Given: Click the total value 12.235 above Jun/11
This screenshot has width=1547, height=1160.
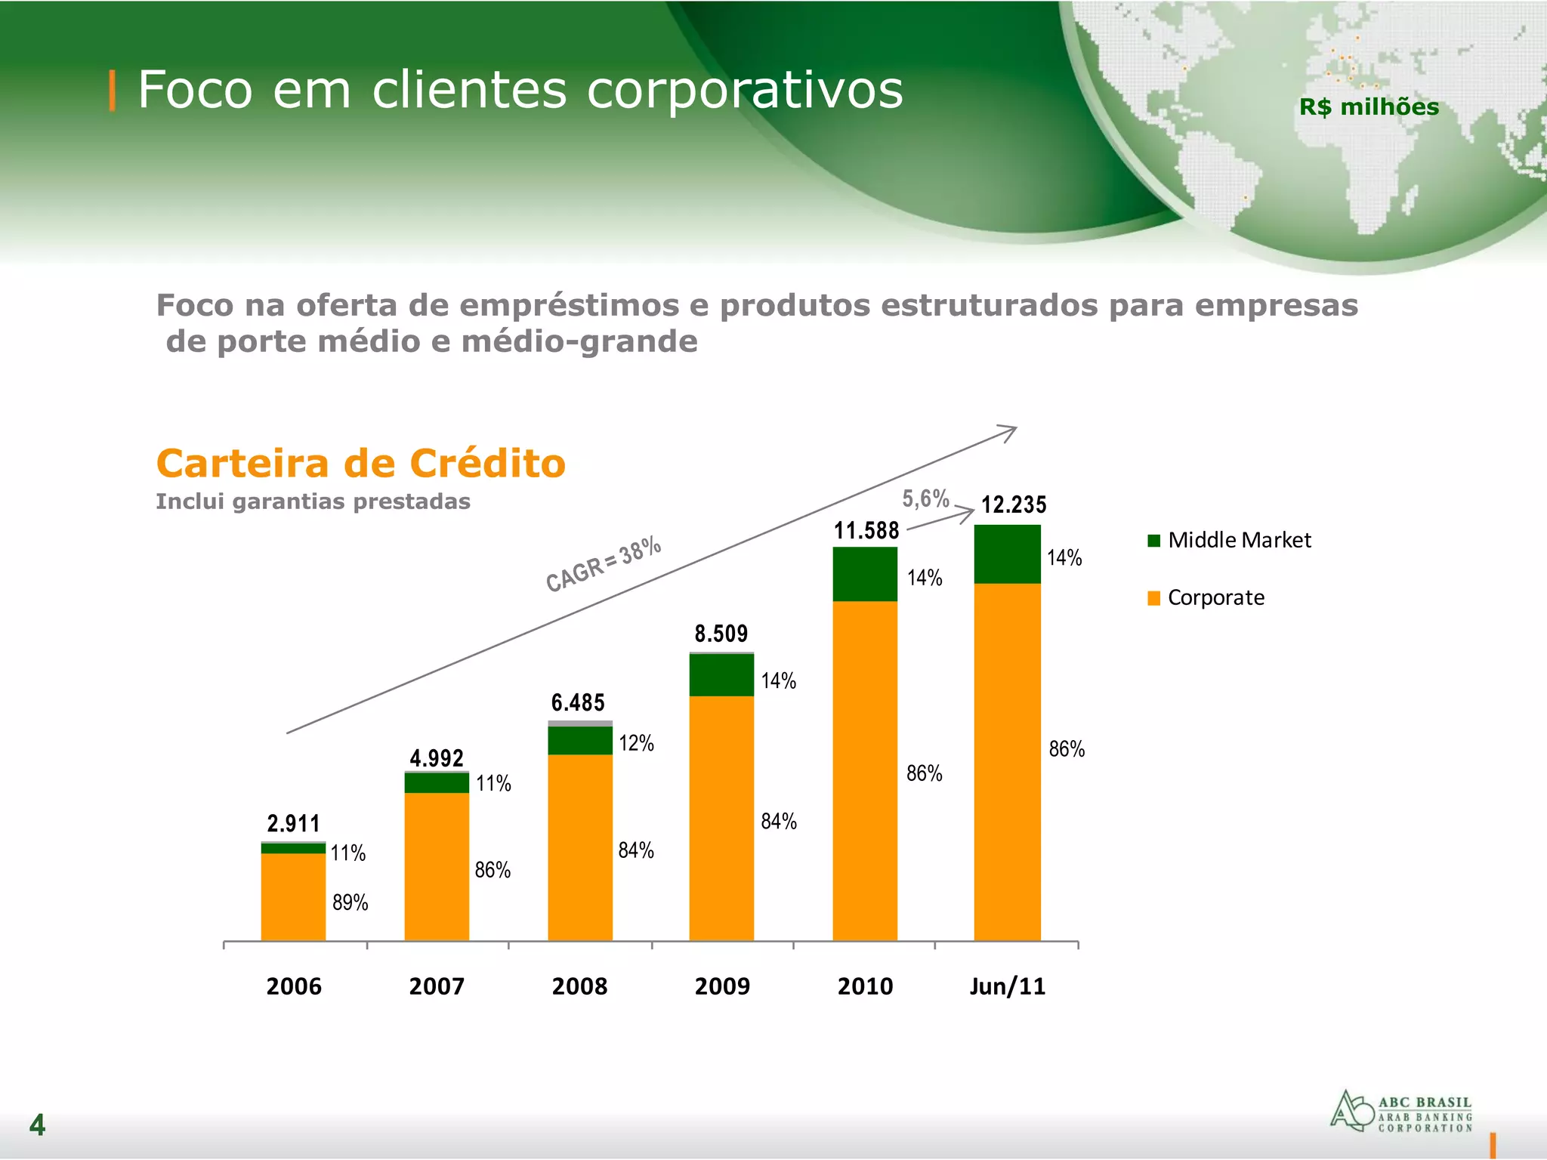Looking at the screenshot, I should point(1014,504).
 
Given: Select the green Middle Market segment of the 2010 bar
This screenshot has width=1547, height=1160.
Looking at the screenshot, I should point(865,574).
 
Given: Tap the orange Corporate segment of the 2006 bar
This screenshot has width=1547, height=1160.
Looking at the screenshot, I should point(293,896).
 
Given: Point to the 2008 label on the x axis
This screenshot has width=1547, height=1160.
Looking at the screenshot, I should point(579,986).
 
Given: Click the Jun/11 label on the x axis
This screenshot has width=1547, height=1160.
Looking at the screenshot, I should point(1008,986).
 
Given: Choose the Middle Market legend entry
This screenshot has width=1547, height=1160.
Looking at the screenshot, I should point(1229,540).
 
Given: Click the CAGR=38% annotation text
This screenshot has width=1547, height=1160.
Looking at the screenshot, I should point(604,564).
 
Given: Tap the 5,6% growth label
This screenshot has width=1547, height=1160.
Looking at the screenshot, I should point(925,498).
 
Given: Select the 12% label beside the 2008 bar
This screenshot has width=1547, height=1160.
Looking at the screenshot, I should point(636,743).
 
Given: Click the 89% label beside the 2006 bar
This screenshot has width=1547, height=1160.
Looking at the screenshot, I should point(350,902).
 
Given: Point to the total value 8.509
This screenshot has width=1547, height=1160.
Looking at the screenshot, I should point(721,634).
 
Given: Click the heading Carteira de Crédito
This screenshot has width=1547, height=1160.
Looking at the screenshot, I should point(360,463).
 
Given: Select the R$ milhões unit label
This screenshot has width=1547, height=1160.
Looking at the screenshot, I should point(1369,107).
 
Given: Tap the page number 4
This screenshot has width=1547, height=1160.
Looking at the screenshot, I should point(37,1125).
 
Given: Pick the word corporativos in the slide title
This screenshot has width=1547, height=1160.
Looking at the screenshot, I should point(745,90).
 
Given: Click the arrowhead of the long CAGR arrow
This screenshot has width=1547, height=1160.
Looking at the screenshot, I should point(1011,430).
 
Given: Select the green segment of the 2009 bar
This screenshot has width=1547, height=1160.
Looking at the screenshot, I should point(721,674).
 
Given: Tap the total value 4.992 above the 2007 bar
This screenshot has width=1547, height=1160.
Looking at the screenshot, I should point(437,758).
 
